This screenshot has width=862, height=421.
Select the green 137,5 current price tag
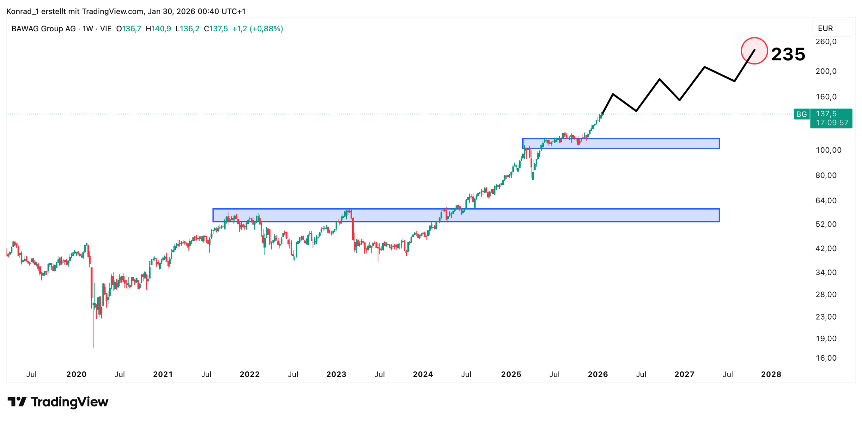click(x=831, y=118)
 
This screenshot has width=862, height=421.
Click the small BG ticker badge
click(x=801, y=114)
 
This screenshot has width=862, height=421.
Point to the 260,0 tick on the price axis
click(x=826, y=41)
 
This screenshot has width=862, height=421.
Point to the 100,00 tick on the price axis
click(x=828, y=150)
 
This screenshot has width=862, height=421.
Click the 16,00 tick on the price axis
click(x=826, y=358)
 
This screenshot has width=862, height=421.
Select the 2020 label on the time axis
click(x=76, y=374)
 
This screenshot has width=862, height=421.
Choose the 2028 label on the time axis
click(x=771, y=374)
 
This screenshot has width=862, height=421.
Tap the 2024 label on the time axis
click(x=423, y=374)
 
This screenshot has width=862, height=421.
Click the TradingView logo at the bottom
click(x=58, y=402)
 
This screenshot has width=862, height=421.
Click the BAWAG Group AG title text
click(x=43, y=29)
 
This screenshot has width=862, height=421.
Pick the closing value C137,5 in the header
click(x=216, y=29)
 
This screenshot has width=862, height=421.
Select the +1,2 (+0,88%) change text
click(x=258, y=29)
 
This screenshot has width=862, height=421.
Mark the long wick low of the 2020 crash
click(x=93, y=347)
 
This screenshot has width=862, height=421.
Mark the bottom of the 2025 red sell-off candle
click(x=533, y=179)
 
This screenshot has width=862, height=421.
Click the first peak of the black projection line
click(x=613, y=94)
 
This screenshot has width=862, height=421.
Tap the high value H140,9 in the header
click(x=158, y=29)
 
